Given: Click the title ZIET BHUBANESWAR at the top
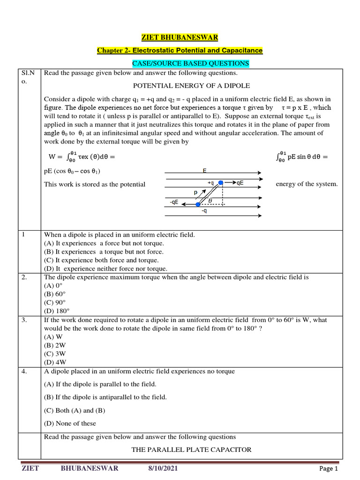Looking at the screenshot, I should click(x=180, y=37).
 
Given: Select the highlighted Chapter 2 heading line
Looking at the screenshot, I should click(x=180, y=51).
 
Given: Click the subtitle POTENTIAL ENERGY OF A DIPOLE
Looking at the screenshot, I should click(x=192, y=86).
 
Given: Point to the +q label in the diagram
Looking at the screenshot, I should click(x=210, y=182).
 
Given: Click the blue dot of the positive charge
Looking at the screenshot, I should click(x=221, y=182).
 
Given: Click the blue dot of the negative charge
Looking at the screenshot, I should click(x=198, y=204).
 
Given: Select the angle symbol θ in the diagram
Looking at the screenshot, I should click(x=210, y=200).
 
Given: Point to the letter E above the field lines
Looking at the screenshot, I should click(x=205, y=171).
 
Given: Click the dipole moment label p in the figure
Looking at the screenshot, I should click(x=195, y=192).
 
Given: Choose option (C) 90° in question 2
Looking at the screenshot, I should click(x=54, y=302).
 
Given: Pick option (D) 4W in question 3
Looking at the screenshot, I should click(x=55, y=362).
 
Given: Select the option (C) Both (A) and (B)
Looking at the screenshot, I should click(x=74, y=411).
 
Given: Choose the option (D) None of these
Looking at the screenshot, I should click(x=70, y=423).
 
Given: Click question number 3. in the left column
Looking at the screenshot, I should click(x=24, y=320).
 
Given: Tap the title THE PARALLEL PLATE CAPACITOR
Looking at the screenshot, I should click(x=192, y=450).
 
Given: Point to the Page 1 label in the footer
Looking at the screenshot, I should click(x=328, y=469).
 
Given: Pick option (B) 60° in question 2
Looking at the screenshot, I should click(x=54, y=294).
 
